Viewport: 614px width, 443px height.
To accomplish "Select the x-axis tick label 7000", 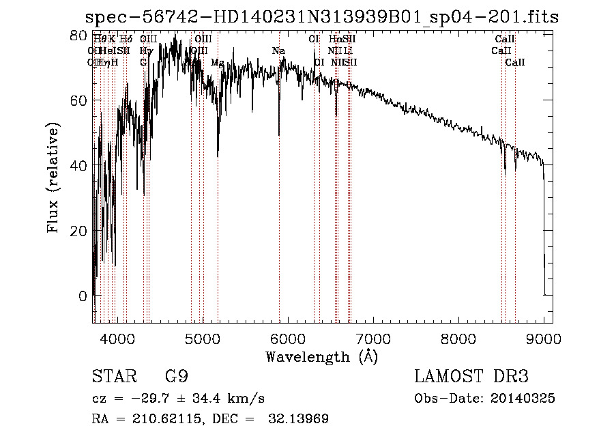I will (x=373, y=339).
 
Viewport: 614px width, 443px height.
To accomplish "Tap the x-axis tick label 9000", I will (x=544, y=339).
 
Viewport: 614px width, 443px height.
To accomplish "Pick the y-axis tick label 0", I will (x=83, y=296).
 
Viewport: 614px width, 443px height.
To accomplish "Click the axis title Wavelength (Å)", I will (x=321, y=356).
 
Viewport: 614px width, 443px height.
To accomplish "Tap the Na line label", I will (x=278, y=51).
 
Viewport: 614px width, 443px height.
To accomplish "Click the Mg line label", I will (x=217, y=63).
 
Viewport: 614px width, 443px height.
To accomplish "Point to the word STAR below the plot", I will (x=113, y=377).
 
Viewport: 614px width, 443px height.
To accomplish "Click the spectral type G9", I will (x=175, y=377).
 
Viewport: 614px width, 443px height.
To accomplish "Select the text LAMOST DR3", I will (x=471, y=377).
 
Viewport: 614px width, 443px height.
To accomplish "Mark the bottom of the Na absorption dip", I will (x=279, y=135).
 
